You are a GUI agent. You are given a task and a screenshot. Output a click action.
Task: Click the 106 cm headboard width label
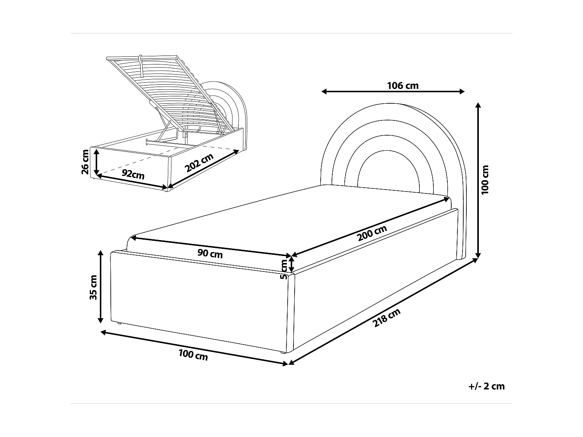pos(403,85)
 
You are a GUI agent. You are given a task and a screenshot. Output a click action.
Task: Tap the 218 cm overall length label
pos(386,318)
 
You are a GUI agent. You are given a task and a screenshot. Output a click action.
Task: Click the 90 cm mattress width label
pos(210,254)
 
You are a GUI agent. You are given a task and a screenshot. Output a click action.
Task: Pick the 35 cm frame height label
pos(93,287)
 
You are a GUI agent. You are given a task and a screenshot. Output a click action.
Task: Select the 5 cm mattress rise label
pos(284,269)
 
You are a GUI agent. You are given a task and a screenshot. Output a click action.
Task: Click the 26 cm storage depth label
pos(85,162)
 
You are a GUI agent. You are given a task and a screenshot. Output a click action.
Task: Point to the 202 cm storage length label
pos(199,163)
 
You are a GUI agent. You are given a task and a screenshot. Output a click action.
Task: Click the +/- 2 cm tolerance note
pos(486,386)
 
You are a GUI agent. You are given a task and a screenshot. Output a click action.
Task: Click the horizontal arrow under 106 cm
pos(393,92)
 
